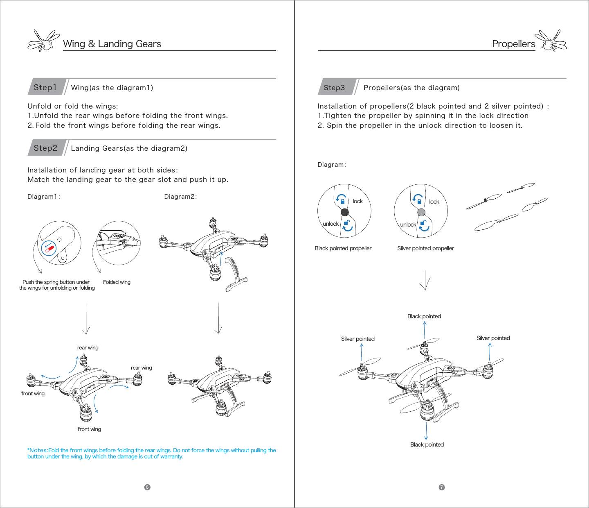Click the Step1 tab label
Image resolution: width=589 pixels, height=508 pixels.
(45, 87)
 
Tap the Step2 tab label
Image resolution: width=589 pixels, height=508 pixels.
(45, 148)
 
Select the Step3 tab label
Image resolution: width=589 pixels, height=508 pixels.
(334, 87)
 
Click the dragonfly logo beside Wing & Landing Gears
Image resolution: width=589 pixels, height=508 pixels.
(43, 41)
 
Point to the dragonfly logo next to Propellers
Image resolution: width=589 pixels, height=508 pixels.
(551, 41)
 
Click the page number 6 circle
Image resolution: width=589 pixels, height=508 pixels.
(147, 487)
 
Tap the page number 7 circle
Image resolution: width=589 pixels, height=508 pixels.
(442, 487)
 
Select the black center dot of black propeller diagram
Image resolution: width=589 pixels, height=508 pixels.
(345, 212)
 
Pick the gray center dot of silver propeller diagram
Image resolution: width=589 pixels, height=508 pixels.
(421, 212)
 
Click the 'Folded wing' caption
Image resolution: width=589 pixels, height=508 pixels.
(117, 282)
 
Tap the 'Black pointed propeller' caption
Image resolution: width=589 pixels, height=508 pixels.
(343, 248)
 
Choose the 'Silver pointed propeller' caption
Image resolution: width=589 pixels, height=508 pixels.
(425, 248)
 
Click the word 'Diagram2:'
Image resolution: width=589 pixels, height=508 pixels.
(180, 197)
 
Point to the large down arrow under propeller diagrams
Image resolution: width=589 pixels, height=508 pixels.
(425, 280)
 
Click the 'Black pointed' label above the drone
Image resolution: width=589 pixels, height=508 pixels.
(424, 316)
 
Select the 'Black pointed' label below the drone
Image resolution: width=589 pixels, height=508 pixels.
(427, 444)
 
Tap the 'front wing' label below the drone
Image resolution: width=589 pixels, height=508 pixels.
(89, 429)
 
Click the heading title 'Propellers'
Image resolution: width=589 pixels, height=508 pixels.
(513, 44)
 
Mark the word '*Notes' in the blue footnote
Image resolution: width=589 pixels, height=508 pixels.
(37, 450)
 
